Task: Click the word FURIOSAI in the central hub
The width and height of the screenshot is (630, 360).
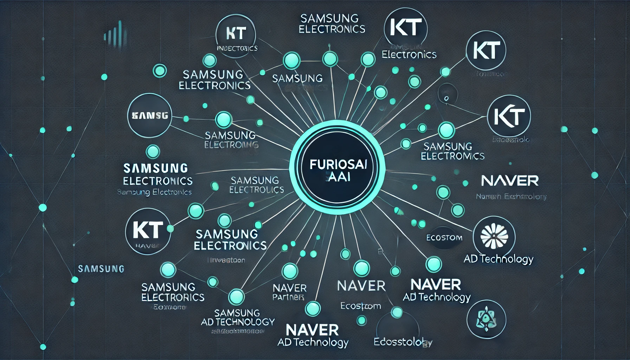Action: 338,165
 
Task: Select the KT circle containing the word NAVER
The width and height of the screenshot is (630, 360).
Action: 148,231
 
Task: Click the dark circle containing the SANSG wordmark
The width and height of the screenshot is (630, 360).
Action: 150,115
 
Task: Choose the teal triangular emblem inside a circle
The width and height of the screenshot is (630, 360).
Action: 486,320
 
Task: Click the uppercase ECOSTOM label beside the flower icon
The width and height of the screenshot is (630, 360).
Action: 444,238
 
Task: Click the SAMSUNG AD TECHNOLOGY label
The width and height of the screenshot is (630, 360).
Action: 238,317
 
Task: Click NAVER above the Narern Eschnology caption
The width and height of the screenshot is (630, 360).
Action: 510,181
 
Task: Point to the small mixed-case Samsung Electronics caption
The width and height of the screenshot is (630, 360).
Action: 154,192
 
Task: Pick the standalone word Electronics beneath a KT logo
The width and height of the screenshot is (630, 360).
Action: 409,54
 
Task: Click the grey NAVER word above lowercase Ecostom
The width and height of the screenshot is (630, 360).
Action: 361,286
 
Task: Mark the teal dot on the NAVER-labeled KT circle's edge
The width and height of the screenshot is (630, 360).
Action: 171,229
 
